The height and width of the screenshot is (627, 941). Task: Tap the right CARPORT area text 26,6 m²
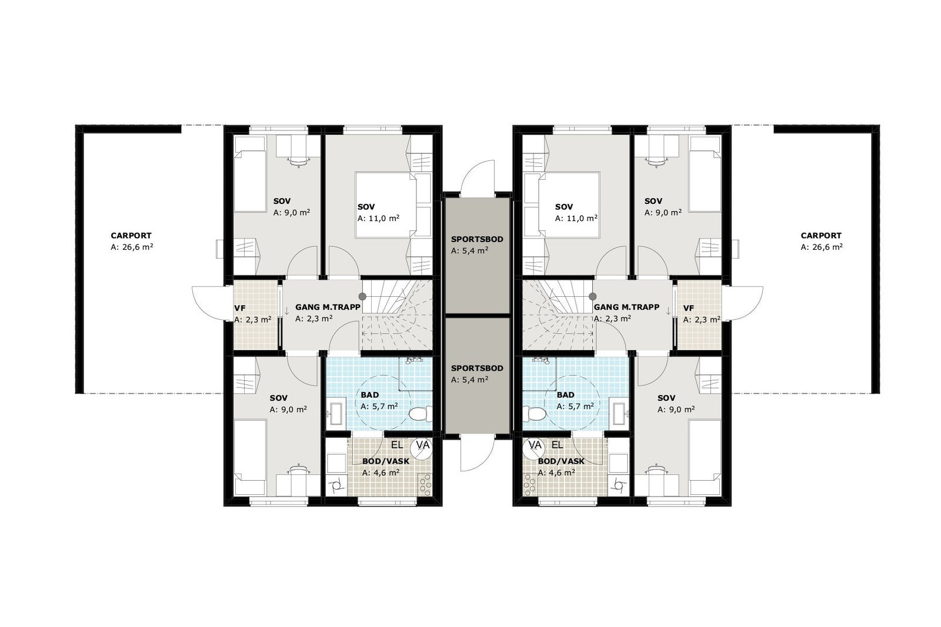tap(821, 247)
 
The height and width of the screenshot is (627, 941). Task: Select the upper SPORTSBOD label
tap(477, 239)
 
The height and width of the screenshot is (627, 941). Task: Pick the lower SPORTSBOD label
tap(477, 368)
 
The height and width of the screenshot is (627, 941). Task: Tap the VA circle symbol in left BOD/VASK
tap(422, 446)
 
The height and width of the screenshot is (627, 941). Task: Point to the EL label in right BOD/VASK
tap(557, 446)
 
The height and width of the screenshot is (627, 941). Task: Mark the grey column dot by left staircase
tap(363, 297)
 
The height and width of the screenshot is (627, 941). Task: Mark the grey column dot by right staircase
tap(593, 297)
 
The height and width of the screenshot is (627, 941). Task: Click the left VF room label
tap(240, 308)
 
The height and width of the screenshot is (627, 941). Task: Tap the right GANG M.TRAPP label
tap(626, 307)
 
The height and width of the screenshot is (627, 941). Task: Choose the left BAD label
tap(371, 395)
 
